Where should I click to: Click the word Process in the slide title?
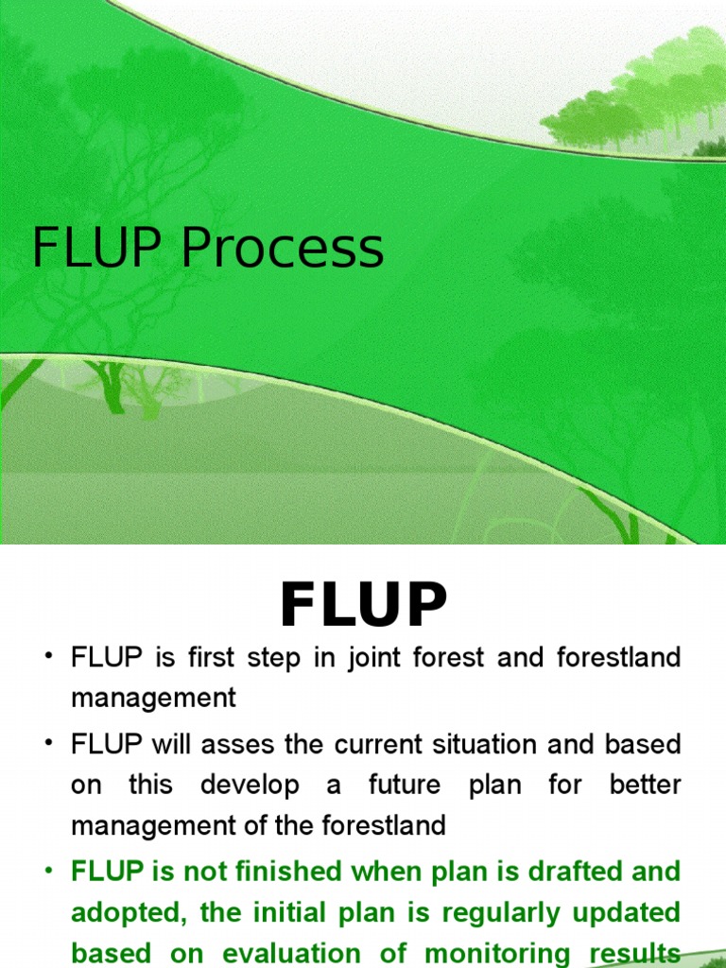coord(283,249)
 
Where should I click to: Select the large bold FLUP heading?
coord(363,606)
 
